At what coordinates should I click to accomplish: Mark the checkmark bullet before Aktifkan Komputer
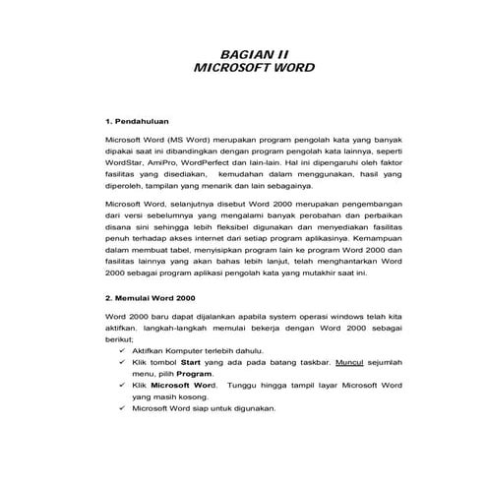pyautogui.click(x=122, y=351)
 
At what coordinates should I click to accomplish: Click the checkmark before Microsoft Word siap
pyautogui.click(x=122, y=407)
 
